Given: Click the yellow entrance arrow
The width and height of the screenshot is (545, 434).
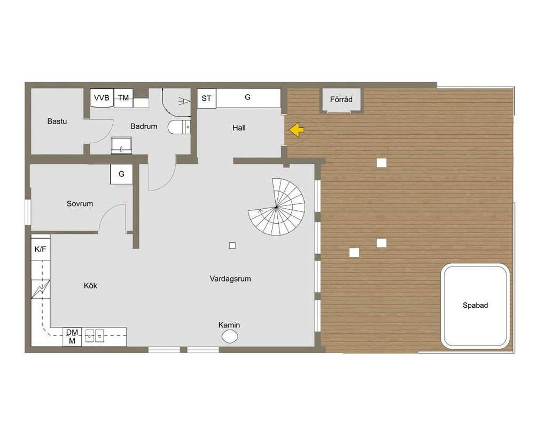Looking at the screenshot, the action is [296, 130].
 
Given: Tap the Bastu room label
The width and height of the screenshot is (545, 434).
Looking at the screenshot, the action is [57, 121].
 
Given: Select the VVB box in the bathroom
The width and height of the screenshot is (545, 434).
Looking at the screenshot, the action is [102, 98].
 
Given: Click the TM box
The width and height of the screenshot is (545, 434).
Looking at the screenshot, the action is [123, 98].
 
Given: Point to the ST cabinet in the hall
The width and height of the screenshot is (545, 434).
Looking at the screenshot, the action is [206, 98].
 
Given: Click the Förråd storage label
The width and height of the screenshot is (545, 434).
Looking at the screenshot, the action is [341, 99].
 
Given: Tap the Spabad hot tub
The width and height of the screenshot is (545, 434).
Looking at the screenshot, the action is [475, 305].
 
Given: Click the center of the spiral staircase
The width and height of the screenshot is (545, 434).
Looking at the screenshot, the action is [276, 207].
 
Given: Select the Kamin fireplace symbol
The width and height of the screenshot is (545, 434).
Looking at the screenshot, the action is [230, 336].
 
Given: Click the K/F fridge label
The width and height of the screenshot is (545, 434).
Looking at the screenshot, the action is [40, 249].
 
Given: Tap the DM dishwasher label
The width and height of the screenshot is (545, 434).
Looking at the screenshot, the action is [72, 332].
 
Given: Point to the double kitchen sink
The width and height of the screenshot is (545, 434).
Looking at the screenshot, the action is [95, 336].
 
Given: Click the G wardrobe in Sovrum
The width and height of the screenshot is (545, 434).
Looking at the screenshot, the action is [121, 174].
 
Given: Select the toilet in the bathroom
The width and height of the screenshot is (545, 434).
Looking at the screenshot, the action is [179, 127].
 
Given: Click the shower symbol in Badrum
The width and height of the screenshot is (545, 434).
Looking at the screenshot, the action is [184, 101].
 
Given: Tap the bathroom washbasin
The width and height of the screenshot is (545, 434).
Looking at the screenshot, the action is [121, 146].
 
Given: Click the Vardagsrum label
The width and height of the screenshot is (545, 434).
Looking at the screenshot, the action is [230, 278].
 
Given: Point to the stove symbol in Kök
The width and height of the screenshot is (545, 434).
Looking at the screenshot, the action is [41, 289].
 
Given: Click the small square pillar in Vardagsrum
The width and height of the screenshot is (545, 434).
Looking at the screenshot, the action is [232, 246].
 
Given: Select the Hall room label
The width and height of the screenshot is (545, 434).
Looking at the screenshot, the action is [239, 128].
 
